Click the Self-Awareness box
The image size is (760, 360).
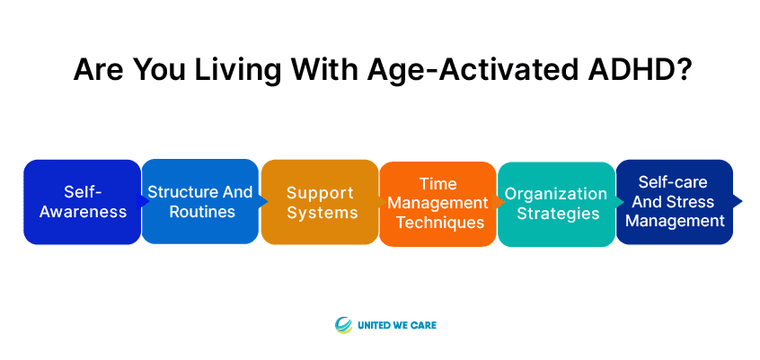83,202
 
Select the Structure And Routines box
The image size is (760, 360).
200,202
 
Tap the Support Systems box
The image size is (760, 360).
320,202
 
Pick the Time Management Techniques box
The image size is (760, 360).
437,204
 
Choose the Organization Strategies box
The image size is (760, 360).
556,204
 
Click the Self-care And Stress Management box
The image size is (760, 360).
675,202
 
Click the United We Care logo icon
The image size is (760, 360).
344,325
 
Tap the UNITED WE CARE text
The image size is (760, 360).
397,325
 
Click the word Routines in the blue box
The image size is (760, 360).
202,212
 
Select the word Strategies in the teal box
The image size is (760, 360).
559,214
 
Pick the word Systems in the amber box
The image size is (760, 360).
323,213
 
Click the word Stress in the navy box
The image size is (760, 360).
694,201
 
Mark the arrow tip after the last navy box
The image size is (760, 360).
741,201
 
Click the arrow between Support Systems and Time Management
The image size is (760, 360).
383,202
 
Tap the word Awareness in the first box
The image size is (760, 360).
83,212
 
